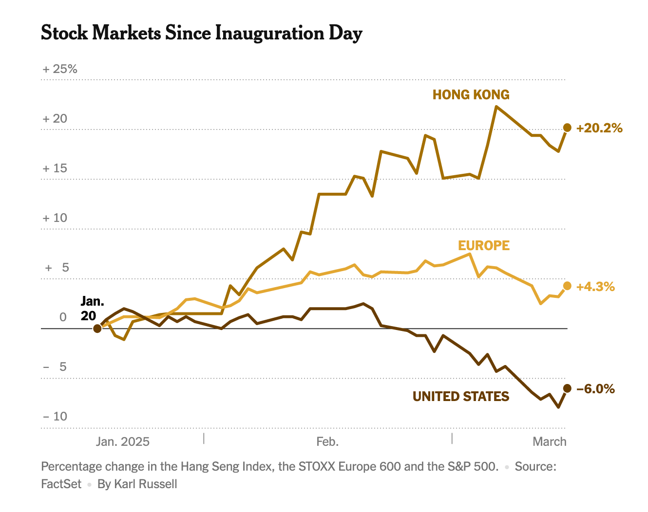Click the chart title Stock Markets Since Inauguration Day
[202, 33]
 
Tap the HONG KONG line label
[471, 94]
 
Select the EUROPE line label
[484, 245]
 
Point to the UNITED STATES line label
[461, 396]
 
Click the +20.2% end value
[599, 128]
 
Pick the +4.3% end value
[595, 287]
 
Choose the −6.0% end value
[595, 389]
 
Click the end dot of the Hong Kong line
[567, 128]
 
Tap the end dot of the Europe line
[567, 286]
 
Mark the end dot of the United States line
[567, 388]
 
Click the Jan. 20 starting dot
[97, 329]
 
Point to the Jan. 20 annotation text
[92, 308]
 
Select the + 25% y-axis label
[60, 69]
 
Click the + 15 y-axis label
[55, 168]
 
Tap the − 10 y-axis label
[55, 417]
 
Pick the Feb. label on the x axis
[327, 441]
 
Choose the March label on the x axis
[550, 441]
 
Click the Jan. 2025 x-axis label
[123, 441]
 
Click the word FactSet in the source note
[61, 484]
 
